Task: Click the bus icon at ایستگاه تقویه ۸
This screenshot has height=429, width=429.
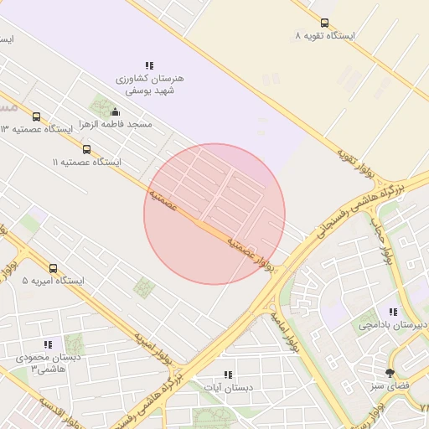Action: pos(325,23)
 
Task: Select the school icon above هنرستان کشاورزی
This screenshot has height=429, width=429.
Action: pos(149,65)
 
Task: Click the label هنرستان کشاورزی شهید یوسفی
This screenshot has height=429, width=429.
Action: pos(150,84)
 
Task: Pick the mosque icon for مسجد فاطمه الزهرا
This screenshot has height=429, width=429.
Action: pos(115,111)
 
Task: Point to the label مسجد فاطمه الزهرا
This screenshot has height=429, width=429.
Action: pos(116,124)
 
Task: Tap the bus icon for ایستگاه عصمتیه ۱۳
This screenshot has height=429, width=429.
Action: pos(36,116)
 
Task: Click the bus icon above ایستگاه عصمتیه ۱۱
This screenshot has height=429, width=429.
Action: pos(86,149)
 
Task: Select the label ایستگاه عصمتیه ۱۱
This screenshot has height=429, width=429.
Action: pos(86,162)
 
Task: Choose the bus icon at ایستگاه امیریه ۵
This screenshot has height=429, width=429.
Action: pos(54,268)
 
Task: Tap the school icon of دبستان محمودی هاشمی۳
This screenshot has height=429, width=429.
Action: pos(48,344)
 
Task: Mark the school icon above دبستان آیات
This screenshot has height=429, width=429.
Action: pos(227,375)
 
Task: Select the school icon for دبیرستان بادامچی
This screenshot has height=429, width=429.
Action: pos(393,312)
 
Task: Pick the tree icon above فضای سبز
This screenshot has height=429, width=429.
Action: pos(390,373)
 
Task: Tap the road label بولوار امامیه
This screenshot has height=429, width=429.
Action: pos(285,332)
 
